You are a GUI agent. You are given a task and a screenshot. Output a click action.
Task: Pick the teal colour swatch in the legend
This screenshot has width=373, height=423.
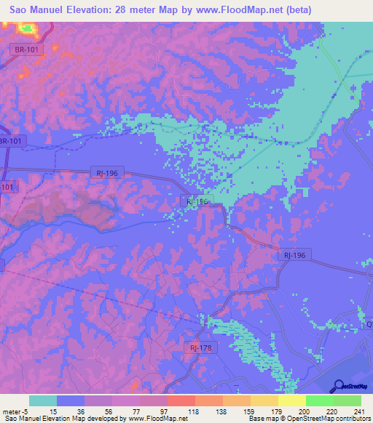click(43, 400)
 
